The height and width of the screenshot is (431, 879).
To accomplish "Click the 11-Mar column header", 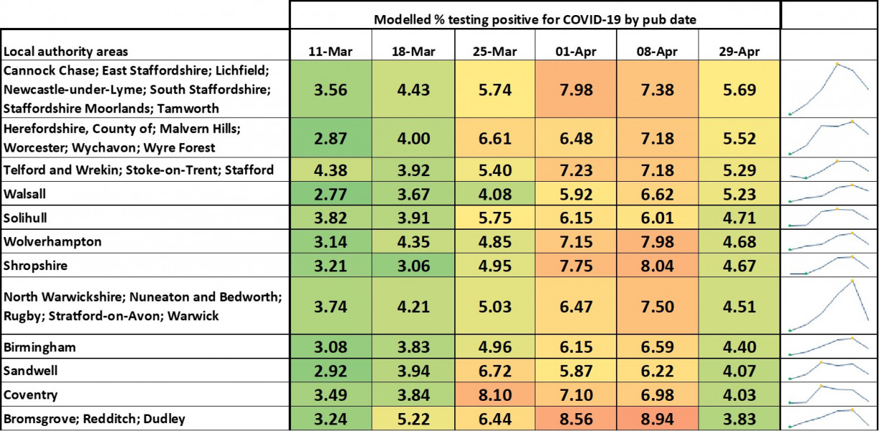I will pyautogui.click(x=331, y=52).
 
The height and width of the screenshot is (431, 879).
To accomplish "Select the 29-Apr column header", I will pyautogui.click(x=739, y=52).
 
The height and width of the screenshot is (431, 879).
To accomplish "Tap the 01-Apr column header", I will pyautogui.click(x=575, y=52).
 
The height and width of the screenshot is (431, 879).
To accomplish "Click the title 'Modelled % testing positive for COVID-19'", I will pyautogui.click(x=535, y=19).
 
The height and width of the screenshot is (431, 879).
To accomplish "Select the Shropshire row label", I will pyautogui.click(x=35, y=265).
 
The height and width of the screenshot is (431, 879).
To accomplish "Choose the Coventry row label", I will pyautogui.click(x=31, y=394).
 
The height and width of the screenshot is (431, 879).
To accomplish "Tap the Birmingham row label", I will pyautogui.click(x=40, y=347).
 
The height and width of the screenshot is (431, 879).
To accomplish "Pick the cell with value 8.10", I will pyautogui.click(x=494, y=394).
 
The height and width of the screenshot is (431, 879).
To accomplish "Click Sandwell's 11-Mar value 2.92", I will pyautogui.click(x=331, y=371).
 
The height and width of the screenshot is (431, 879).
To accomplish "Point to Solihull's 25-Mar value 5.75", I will pyautogui.click(x=494, y=218).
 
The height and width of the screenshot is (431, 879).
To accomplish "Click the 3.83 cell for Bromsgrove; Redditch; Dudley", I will pyautogui.click(x=739, y=418).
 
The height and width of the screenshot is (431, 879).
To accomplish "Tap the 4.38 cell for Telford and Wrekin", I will pyautogui.click(x=331, y=170).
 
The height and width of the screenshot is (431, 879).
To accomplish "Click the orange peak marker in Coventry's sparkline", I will pyautogui.click(x=819, y=386).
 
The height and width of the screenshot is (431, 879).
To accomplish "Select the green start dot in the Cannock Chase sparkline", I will pyautogui.click(x=790, y=113).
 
